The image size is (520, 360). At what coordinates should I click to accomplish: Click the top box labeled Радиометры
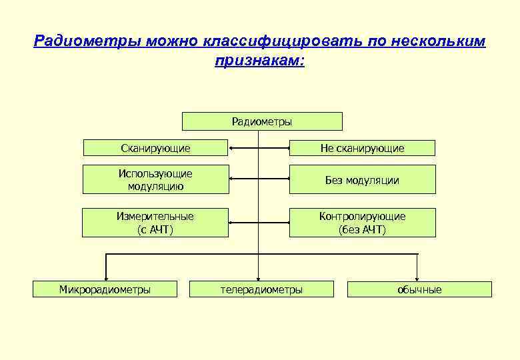pos(262,121)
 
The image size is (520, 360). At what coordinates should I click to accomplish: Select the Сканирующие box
pos(155,148)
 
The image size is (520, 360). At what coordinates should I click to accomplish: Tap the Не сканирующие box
pos(362,148)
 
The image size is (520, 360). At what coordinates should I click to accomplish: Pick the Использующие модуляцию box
pos(155,179)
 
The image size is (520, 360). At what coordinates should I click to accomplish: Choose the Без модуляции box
pos(362,180)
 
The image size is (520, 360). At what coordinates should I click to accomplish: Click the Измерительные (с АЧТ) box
pos(155,223)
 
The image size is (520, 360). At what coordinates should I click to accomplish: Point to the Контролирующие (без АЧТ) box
pos(362,223)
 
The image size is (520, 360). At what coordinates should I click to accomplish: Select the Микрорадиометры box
pos(105,289)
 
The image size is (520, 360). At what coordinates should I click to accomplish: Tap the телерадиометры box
pos(261,289)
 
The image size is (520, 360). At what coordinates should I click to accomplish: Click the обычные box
pos(419,289)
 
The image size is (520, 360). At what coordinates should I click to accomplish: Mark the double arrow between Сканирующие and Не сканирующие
pos(259,148)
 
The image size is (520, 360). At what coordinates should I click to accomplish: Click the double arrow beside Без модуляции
pos(259,179)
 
